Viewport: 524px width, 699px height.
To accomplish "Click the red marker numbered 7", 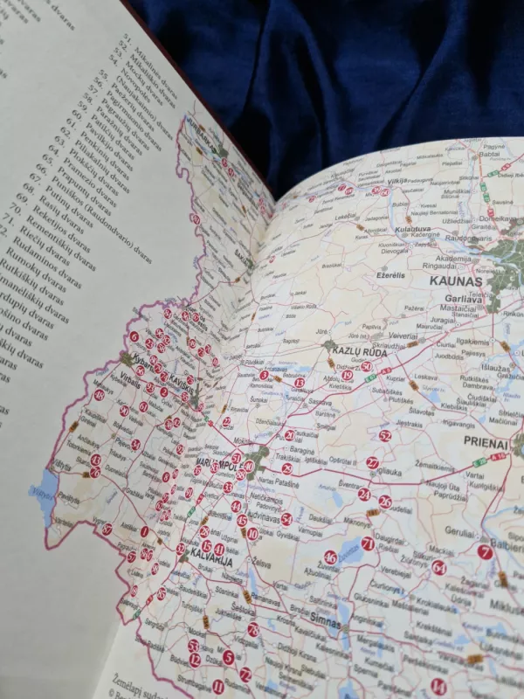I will click(x=485, y=551).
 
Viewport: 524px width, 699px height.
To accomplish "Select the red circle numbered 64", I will click(x=438, y=567).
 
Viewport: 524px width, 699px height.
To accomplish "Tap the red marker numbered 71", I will click(x=367, y=543).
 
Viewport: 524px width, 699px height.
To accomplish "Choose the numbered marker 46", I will click(x=330, y=557).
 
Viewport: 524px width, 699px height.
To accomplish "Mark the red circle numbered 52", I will click(x=385, y=435).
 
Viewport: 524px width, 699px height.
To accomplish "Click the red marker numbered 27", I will click(x=372, y=462).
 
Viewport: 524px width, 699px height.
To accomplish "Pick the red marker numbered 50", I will click(x=366, y=367).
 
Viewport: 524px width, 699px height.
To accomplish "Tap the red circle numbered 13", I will click(x=300, y=382).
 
